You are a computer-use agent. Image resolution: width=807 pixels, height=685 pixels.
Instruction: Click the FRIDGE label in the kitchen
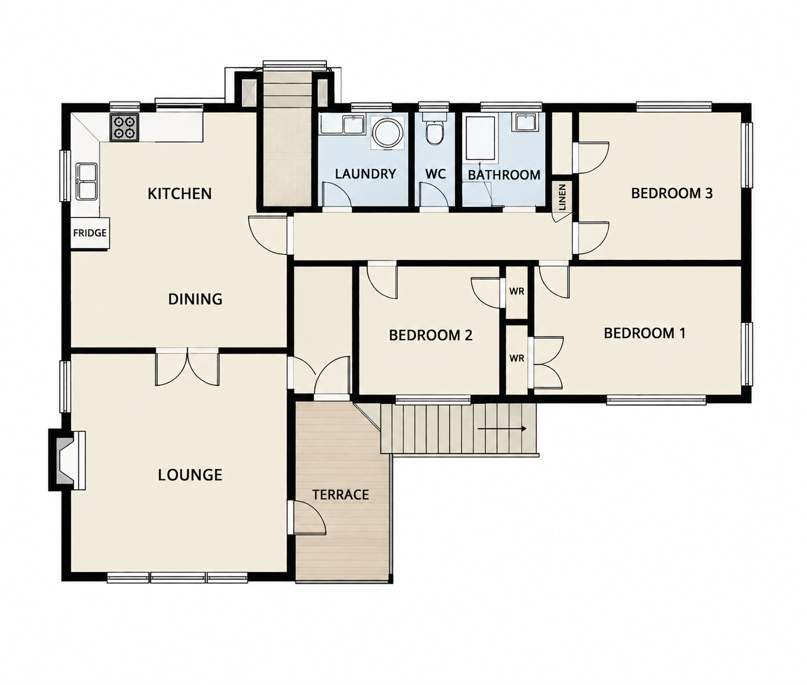coord(90,233)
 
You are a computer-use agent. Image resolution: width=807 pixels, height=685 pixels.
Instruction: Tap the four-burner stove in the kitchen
coord(124,128)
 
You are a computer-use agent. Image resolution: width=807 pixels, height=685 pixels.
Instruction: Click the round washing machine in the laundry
coord(386,133)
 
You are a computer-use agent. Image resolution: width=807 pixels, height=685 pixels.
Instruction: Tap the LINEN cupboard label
coord(562,197)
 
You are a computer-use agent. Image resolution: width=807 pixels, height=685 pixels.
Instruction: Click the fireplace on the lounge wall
coord(66,460)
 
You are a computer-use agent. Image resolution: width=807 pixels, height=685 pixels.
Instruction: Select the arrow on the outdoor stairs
coord(502,429)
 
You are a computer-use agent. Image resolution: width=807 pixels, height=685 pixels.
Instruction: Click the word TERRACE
coord(341,495)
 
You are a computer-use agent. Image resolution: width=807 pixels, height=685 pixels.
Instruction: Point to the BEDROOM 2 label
coord(431,335)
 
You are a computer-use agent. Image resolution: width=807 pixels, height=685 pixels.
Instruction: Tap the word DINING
coord(195,300)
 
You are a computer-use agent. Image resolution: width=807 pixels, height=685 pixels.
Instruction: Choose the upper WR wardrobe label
coord(517,291)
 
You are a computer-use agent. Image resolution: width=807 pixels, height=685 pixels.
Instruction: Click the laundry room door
coord(337,195)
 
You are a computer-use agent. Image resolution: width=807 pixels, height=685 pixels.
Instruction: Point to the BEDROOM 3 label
coord(672,193)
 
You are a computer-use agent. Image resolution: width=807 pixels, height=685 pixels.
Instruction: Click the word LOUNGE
coord(190,475)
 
